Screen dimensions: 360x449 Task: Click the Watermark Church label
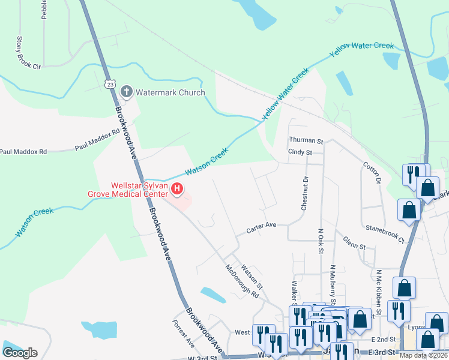tap(170, 92)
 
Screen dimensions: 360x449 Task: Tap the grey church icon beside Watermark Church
tap(127, 92)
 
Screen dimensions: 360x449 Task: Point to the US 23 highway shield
tap(109, 85)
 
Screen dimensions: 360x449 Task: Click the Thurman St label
tap(306, 140)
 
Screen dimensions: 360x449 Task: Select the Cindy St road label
tap(300, 153)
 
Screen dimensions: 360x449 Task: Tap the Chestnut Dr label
tap(305, 193)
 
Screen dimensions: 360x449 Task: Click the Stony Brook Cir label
tap(28, 52)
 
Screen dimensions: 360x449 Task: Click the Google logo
tap(20, 353)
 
